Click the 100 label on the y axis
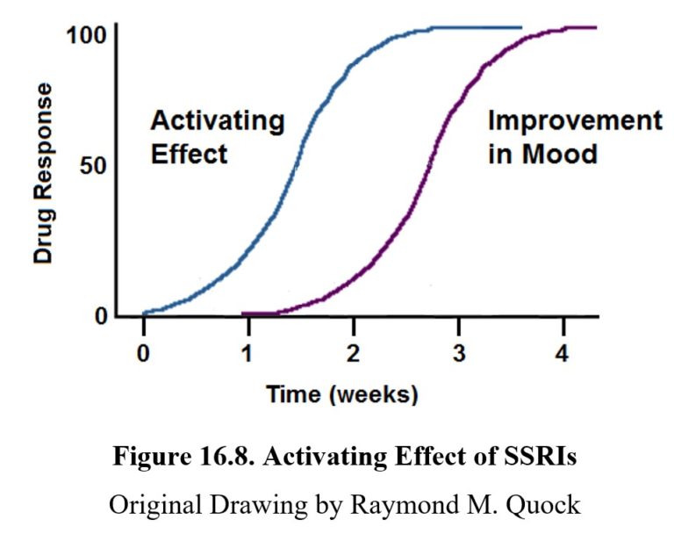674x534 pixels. coord(85,36)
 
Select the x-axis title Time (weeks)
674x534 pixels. coord(342,394)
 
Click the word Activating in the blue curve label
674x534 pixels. coord(217,121)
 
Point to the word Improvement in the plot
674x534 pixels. coord(575,121)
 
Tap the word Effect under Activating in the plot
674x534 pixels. coord(189,155)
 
